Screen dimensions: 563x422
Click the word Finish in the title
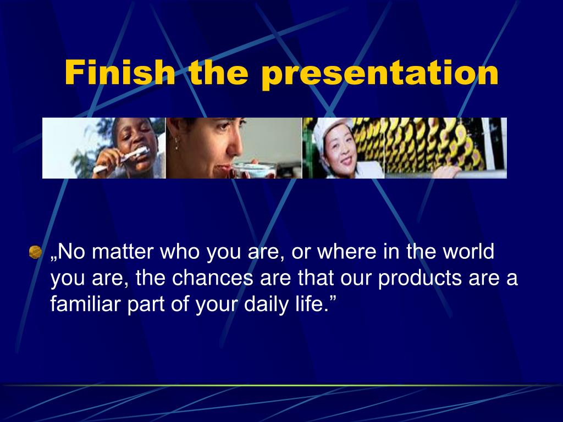pyautogui.click(x=120, y=72)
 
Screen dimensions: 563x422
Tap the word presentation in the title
pyautogui.click(x=380, y=74)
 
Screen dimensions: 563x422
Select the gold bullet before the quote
pyautogui.click(x=35, y=252)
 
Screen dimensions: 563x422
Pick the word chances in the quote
pyautogui.click(x=213, y=277)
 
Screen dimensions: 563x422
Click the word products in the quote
pyautogui.click(x=420, y=279)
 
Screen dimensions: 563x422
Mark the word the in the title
pyautogui.click(x=219, y=72)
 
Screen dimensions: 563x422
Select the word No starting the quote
pyautogui.click(x=71, y=252)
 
